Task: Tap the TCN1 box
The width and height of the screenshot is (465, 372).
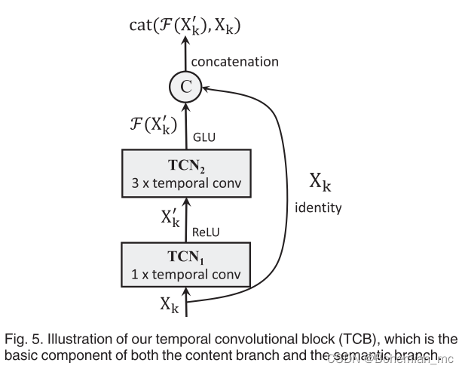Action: coord(185,263)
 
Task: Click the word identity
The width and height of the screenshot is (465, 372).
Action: coord(317,206)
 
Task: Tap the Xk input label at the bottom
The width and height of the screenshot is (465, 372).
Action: coord(170,303)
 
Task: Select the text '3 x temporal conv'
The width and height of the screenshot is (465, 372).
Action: coord(185,183)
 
